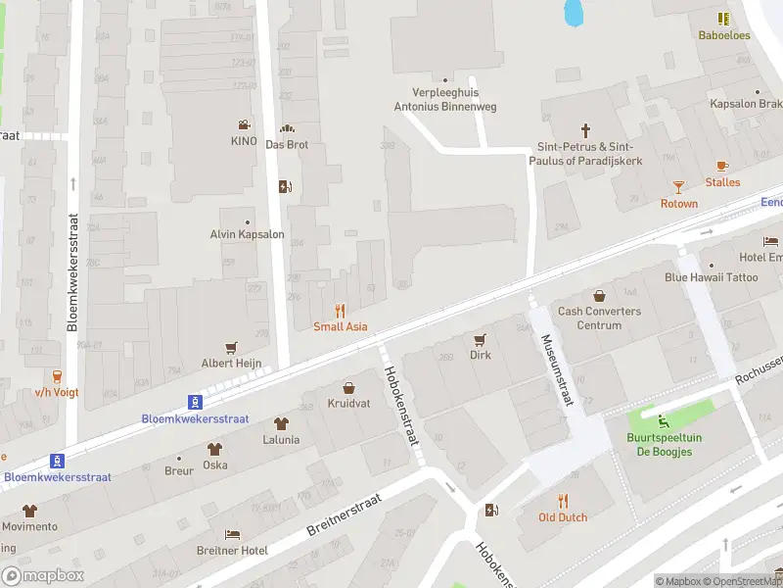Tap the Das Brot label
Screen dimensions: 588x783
tap(287, 143)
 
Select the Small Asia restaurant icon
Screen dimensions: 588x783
tap(341, 311)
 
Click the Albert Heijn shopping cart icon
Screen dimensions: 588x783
tap(232, 347)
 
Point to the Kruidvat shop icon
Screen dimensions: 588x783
tap(347, 388)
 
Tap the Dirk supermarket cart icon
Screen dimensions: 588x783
tap(480, 339)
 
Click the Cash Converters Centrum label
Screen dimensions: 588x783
tap(599, 318)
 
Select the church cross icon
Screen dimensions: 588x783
tap(586, 129)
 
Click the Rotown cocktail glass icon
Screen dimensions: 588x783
tap(678, 186)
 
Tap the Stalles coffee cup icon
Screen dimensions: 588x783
tap(722, 166)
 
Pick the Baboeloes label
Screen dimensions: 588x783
tap(723, 35)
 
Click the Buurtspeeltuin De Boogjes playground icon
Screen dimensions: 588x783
tap(665, 421)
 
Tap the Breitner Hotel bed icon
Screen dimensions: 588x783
tap(232, 534)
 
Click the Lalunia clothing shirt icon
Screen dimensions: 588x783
tap(281, 423)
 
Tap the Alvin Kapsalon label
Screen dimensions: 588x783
tap(247, 234)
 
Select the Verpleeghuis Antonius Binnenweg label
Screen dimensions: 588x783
tap(444, 100)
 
